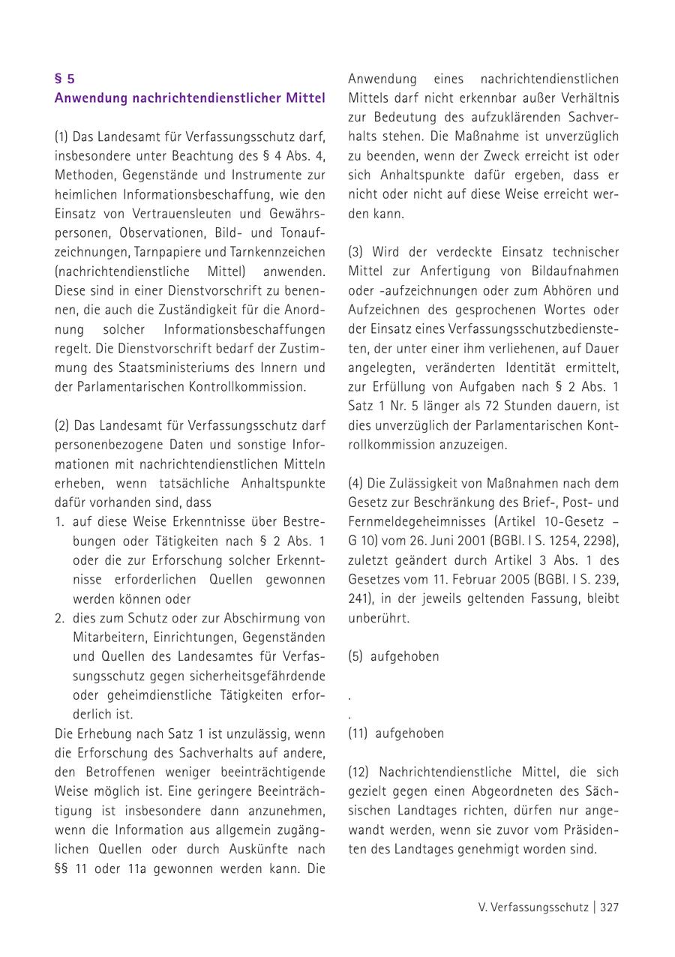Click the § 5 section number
click(64, 79)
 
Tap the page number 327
click(609, 907)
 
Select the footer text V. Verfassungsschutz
click(533, 907)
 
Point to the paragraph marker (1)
click(61, 137)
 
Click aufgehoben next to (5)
click(405, 656)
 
